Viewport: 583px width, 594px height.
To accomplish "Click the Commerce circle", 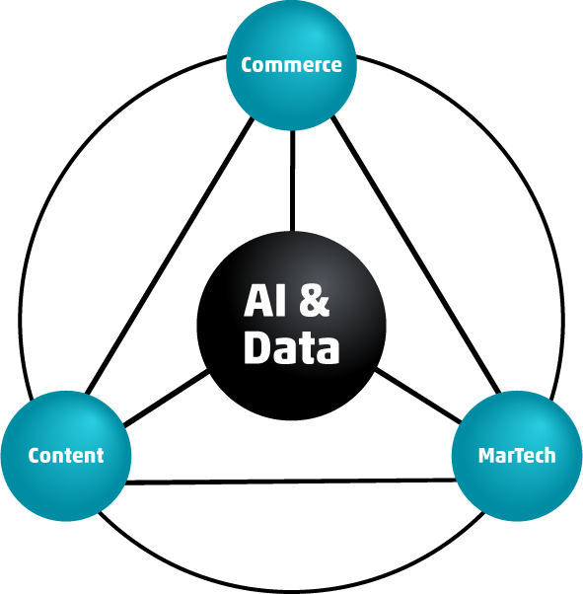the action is (x=291, y=65).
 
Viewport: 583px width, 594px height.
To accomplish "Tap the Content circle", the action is (x=66, y=456).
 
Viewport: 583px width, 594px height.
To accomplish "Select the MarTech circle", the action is (x=517, y=456).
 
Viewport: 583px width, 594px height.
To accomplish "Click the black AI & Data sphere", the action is (x=291, y=326).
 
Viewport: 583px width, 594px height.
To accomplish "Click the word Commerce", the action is (x=291, y=65).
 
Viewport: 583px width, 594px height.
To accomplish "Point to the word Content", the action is (x=66, y=455).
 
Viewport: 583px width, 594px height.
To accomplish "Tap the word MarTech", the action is (x=517, y=455).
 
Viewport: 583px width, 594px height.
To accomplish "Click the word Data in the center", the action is (x=291, y=347).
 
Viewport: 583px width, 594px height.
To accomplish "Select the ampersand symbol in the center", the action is (x=314, y=300).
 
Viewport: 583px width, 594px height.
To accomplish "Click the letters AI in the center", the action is (x=264, y=300).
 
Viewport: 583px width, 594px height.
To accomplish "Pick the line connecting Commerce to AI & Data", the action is (x=292, y=181).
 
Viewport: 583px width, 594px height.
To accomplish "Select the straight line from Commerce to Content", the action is (x=170, y=256).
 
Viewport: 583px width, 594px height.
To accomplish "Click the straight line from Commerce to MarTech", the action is (x=416, y=255).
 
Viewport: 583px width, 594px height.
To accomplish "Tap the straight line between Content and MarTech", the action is (x=291, y=482).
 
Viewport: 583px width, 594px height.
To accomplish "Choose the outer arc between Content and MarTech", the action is (x=291, y=591).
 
